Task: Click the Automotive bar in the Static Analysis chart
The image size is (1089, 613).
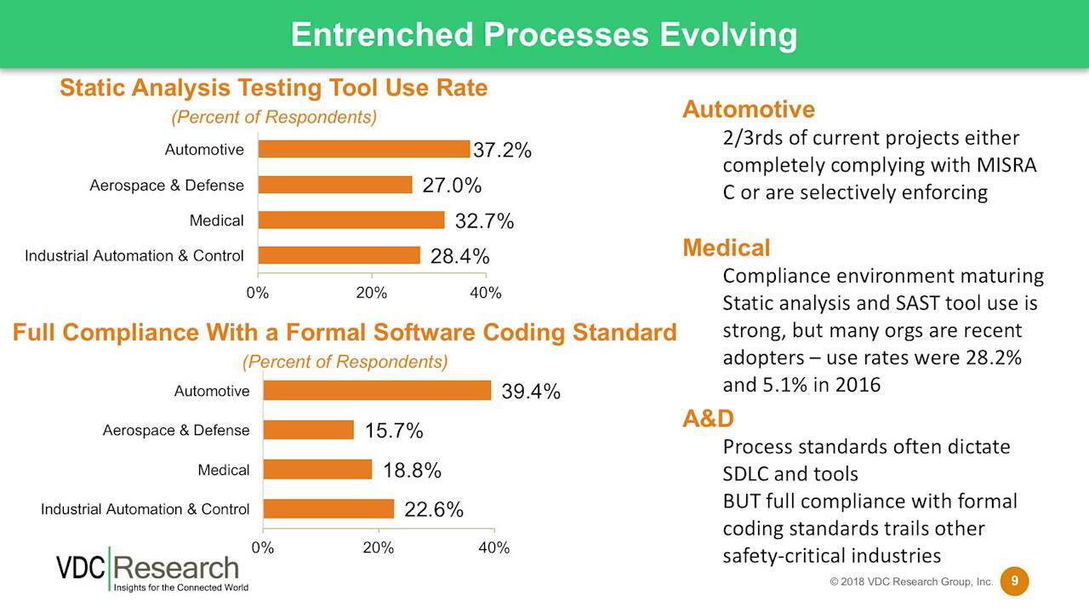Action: [363, 149]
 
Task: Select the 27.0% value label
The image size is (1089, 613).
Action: [452, 186]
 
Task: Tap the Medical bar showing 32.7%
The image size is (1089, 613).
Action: [351, 221]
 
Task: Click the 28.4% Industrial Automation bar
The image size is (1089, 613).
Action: [339, 255]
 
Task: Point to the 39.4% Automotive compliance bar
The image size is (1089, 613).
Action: [377, 391]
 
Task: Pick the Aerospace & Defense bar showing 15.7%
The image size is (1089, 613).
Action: [308, 430]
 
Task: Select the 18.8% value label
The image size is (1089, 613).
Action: [412, 470]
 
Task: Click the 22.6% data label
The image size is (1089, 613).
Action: [433, 509]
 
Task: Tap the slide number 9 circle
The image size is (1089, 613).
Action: [1013, 581]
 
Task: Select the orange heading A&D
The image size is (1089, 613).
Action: [708, 418]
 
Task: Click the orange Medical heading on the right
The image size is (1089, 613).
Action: [726, 248]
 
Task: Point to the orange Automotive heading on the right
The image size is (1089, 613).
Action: [748, 109]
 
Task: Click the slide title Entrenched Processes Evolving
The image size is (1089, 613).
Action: [544, 35]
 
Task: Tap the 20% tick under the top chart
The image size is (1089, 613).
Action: [372, 293]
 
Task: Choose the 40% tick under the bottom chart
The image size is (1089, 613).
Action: [493, 547]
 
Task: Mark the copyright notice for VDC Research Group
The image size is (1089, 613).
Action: [911, 582]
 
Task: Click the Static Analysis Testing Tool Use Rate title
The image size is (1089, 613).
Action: [273, 88]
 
